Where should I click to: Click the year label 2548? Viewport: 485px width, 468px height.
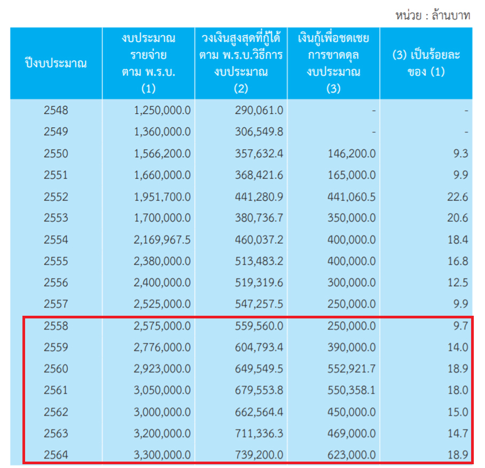(56, 111)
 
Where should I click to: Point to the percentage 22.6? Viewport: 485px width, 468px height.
(458, 197)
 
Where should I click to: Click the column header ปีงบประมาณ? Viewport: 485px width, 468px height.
(56, 64)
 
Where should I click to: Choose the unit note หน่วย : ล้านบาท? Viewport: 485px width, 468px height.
(433, 15)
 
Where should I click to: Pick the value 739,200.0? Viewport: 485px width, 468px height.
(259, 455)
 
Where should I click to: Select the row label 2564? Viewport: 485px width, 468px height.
(56, 455)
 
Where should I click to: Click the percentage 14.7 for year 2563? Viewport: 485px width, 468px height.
(458, 433)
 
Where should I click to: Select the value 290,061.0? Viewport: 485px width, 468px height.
(259, 111)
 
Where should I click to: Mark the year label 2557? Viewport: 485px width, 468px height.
(56, 304)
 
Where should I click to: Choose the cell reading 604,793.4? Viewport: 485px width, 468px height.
(259, 347)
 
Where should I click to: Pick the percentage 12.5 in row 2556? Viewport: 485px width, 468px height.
(458, 283)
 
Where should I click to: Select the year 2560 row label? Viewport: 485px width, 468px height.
(56, 369)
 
